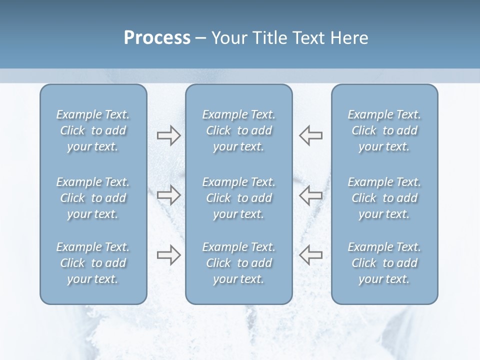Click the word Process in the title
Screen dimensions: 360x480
click(x=157, y=38)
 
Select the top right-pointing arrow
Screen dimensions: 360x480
click(x=168, y=135)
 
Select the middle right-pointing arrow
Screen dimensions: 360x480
click(x=168, y=195)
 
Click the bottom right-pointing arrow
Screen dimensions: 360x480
click(x=168, y=255)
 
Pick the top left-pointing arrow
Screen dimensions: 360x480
click(x=310, y=135)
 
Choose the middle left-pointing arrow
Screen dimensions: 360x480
click(x=310, y=195)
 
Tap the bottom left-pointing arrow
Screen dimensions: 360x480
click(x=310, y=255)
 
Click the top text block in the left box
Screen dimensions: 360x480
click(x=93, y=130)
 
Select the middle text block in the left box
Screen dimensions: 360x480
click(x=93, y=198)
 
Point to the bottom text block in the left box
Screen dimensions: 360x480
click(x=93, y=263)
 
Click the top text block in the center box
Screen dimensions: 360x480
click(x=238, y=130)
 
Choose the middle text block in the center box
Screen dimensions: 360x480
click(x=238, y=198)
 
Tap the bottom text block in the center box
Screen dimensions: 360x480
click(x=238, y=263)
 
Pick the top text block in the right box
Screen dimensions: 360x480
click(x=384, y=130)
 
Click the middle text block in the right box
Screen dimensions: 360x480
click(x=384, y=198)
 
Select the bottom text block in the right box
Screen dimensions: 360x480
click(x=384, y=263)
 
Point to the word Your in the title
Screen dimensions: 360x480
click(x=228, y=38)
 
